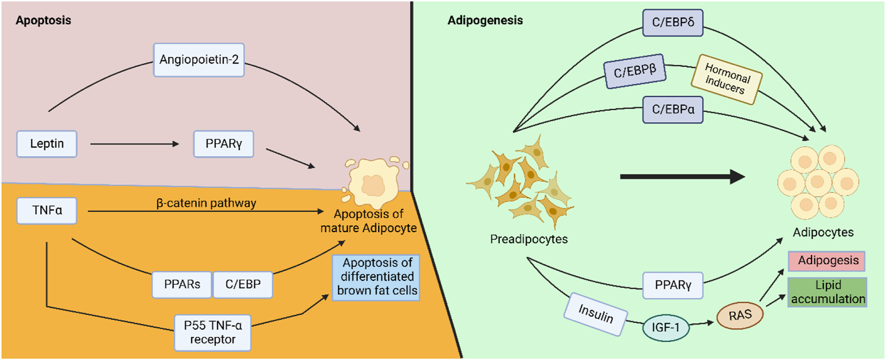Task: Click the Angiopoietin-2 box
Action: [x=199, y=60]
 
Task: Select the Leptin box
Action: [x=47, y=144]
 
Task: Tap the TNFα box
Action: [x=47, y=210]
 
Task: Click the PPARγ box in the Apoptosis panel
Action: [x=224, y=144]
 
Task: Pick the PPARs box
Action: [x=182, y=285]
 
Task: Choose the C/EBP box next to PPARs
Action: [x=243, y=285]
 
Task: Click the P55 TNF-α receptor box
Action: [x=213, y=332]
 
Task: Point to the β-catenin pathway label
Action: [x=206, y=203]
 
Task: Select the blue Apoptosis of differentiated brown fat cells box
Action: [x=377, y=277]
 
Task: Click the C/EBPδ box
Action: [x=673, y=23]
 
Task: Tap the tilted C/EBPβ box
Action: [x=635, y=71]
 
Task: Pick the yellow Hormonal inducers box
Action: [x=727, y=79]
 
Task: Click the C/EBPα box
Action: [x=673, y=110]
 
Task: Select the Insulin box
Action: [x=596, y=314]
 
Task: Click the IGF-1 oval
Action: [x=666, y=328]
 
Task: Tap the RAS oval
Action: [x=740, y=316]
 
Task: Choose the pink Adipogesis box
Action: [x=827, y=261]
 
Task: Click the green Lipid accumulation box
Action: [x=827, y=292]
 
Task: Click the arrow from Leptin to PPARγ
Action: [x=135, y=144]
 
